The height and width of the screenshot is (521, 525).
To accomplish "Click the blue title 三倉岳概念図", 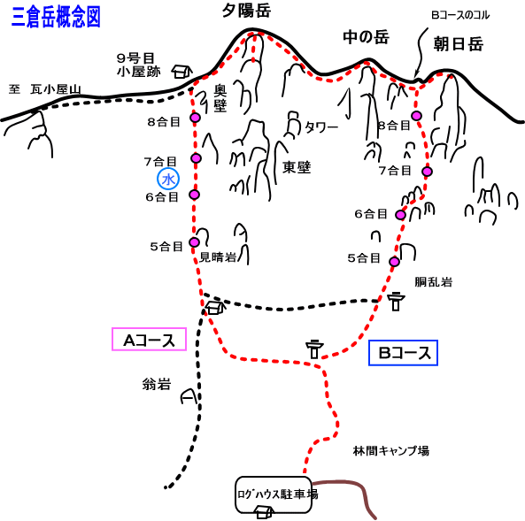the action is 56,17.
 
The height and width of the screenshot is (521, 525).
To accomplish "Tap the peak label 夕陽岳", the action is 246,11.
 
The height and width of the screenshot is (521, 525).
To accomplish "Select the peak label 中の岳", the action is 366,37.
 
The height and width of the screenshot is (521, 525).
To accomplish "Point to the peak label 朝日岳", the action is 459,44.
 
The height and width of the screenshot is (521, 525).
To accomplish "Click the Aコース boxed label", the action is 149,340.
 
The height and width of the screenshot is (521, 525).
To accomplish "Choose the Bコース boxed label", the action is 403,353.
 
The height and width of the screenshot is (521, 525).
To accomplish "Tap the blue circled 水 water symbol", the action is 168,179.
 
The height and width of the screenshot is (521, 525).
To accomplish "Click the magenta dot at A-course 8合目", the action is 195,118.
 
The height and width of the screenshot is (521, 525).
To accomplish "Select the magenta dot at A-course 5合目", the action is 194,242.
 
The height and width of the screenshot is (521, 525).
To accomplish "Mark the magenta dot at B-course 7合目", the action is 427,172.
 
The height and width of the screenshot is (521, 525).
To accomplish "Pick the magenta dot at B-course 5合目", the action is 395,261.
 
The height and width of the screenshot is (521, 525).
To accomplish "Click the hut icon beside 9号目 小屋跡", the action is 182,72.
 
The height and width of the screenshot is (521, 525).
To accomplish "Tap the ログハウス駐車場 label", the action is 278,494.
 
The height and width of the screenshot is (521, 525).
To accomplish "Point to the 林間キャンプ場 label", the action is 391,451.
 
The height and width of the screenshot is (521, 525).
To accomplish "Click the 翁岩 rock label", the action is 157,384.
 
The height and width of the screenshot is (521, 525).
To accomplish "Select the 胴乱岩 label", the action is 433,282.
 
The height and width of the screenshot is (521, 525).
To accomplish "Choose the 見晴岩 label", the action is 218,257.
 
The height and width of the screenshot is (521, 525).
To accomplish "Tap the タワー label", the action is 321,127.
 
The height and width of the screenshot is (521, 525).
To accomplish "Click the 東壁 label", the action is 297,167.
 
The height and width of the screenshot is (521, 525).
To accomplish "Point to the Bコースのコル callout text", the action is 460,15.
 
